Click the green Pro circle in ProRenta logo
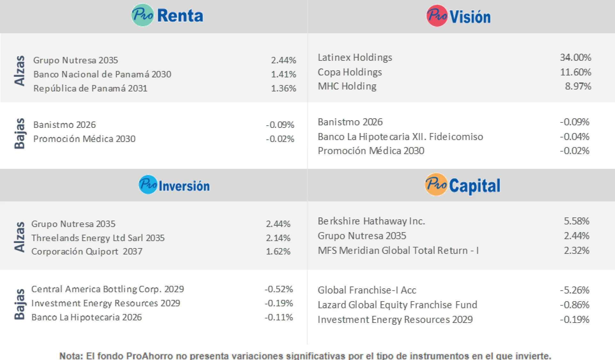142,15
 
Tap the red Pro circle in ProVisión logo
437,16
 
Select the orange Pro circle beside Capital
436,184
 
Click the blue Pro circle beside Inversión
148,184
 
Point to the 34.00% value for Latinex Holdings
575,58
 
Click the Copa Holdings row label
350,72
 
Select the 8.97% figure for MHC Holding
578,86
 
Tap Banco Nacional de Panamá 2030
102,74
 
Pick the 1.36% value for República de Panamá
284,88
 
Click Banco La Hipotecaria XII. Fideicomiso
400,137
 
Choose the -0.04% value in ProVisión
574,137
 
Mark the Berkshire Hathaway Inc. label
371,221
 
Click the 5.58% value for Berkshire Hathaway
576,221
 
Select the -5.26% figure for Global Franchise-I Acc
574,290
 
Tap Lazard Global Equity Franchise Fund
397,305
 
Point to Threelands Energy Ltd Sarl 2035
98,238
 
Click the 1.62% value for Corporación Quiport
278,252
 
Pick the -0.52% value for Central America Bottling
279,289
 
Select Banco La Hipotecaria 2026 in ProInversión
86,317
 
